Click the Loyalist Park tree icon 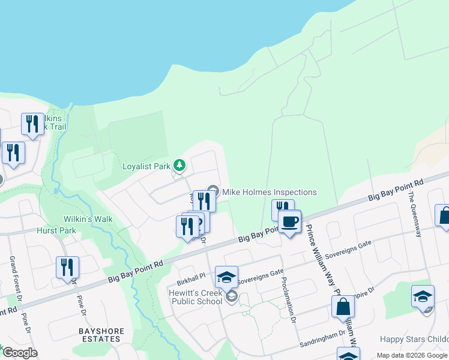pos(179,164)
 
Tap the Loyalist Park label pos(146,166)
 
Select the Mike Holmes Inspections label pos(270,192)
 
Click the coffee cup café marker pos(289,221)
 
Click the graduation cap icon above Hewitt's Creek pos(226,277)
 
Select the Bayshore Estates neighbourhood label pos(99,335)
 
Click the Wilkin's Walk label pos(88,219)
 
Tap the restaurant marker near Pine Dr pos(67,267)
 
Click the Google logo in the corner pos(19,353)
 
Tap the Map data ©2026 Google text pos(411,355)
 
